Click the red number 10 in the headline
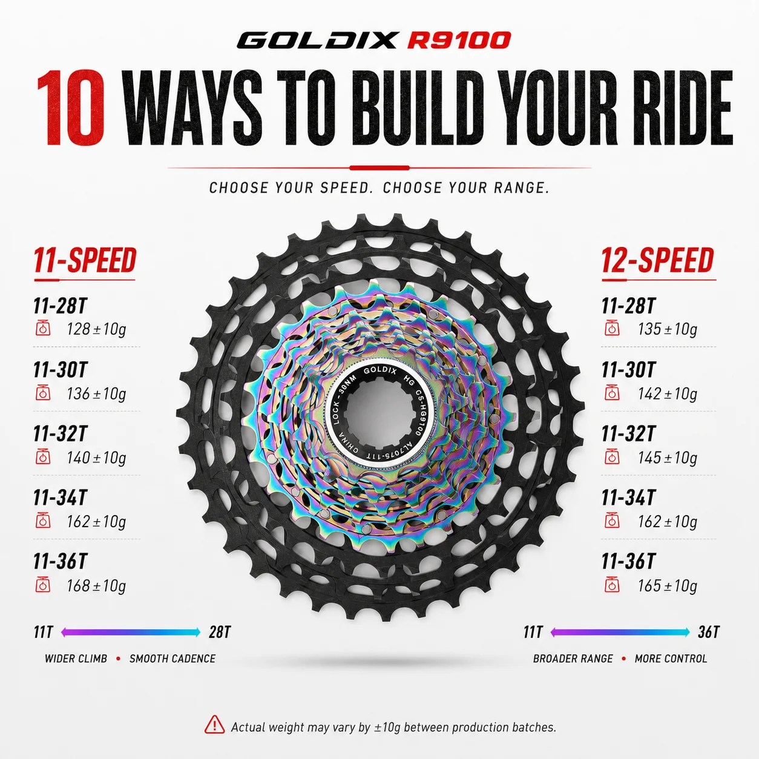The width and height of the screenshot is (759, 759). [x=71, y=108]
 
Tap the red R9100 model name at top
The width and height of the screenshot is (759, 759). [x=459, y=41]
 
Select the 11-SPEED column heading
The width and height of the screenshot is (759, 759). [x=85, y=260]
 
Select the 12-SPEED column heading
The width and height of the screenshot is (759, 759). [x=658, y=260]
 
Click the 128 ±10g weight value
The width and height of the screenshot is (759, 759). [x=96, y=329]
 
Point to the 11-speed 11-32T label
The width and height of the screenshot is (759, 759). [x=60, y=433]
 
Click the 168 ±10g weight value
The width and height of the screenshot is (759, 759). [x=96, y=586]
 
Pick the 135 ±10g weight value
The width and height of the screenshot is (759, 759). [x=667, y=329]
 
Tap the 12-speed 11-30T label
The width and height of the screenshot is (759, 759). [x=628, y=370]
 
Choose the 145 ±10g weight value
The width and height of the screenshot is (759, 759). [x=667, y=458]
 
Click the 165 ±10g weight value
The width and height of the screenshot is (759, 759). [x=667, y=586]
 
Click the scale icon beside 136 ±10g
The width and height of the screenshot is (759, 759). [x=43, y=392]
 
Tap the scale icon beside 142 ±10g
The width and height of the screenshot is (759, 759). [x=612, y=392]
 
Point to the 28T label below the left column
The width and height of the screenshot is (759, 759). [x=220, y=632]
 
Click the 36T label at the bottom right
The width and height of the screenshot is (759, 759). [x=709, y=632]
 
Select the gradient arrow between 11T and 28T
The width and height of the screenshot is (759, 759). [x=131, y=632]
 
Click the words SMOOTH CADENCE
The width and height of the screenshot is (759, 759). [x=172, y=659]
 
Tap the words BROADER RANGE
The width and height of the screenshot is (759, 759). [x=573, y=659]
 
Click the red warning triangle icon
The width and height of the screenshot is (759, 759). [x=215, y=724]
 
